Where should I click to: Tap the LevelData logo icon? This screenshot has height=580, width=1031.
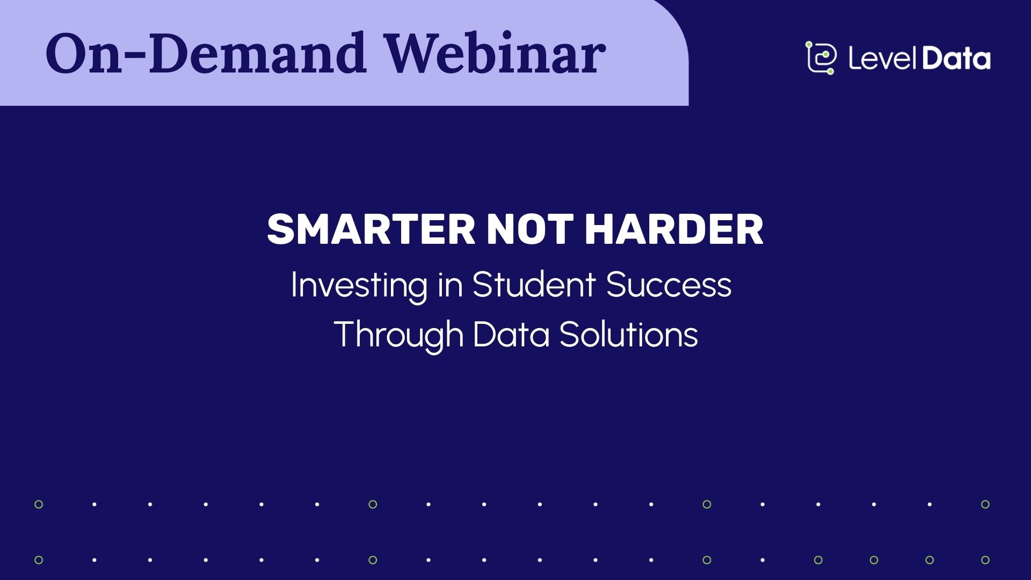tap(821, 57)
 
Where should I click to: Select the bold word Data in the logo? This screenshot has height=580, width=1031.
tap(956, 59)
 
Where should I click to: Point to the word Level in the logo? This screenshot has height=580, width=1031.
tap(883, 59)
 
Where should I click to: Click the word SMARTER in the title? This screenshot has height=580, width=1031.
tap(371, 230)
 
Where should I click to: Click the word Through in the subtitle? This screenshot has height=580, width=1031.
tap(398, 335)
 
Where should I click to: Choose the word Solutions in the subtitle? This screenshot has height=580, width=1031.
tap(628, 334)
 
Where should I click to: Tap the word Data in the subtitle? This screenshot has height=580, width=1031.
tap(511, 334)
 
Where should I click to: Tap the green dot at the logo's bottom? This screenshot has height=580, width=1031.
tap(830, 71)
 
